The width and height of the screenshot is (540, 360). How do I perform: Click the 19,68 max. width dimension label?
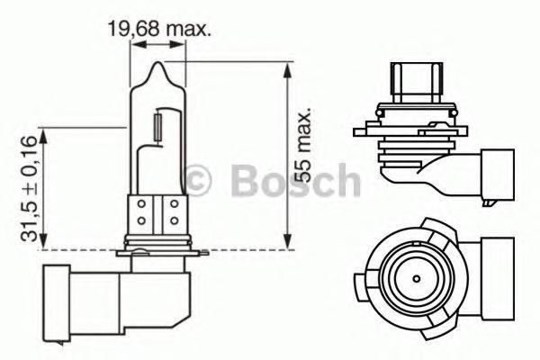[x=159, y=29]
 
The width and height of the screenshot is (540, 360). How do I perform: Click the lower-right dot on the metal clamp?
[x=173, y=220]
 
